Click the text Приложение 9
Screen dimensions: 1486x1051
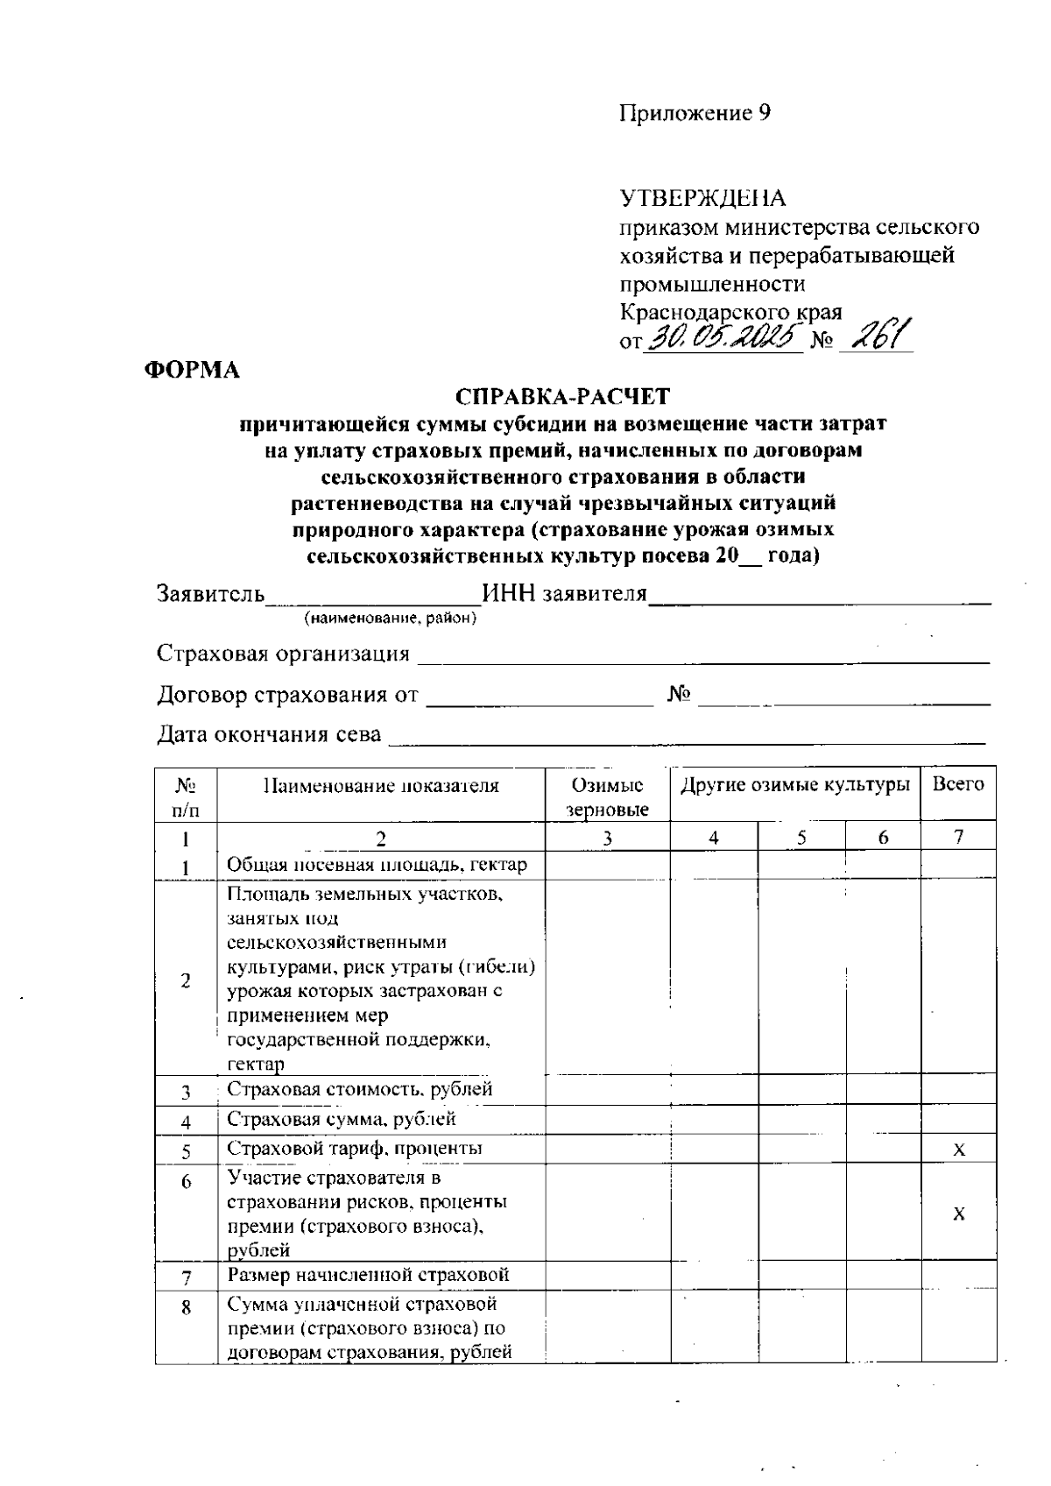[695, 114]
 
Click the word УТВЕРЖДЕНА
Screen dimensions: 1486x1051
[703, 198]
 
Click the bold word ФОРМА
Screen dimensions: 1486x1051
[192, 371]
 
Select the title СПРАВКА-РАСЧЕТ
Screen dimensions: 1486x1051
[563, 398]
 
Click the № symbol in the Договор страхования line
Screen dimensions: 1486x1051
[680, 696]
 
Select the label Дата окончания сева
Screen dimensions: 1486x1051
[269, 734]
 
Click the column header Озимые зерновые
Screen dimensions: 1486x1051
[607, 796]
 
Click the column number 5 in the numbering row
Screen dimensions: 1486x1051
[801, 839]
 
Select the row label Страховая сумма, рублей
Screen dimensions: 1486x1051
[342, 1119]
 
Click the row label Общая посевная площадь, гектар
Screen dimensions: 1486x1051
[377, 865]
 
